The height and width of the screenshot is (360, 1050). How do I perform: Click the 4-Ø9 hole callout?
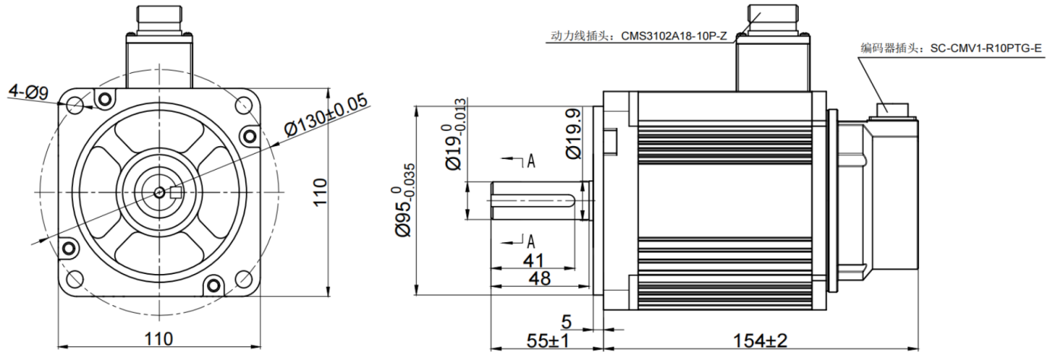(x=29, y=91)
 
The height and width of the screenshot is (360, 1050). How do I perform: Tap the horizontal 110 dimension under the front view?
(x=158, y=339)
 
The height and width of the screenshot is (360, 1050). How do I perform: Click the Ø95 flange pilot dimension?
(x=402, y=199)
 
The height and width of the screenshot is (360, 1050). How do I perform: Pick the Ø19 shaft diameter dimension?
(x=453, y=134)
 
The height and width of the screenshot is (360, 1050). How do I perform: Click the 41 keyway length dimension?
(x=533, y=260)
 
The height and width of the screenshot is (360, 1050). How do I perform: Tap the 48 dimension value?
(x=539, y=279)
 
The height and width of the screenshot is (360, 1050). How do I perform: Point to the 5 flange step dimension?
(x=567, y=321)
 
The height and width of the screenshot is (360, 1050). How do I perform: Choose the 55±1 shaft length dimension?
(x=548, y=341)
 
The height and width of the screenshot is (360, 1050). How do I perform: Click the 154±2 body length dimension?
(x=760, y=341)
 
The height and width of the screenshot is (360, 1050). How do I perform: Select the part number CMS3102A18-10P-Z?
(x=674, y=36)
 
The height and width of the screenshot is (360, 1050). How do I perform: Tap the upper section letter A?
(x=531, y=161)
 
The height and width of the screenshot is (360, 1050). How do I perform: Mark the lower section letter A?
(x=531, y=241)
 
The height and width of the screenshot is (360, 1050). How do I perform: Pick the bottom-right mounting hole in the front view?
(x=243, y=279)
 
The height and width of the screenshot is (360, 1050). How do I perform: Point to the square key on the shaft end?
(x=176, y=193)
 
